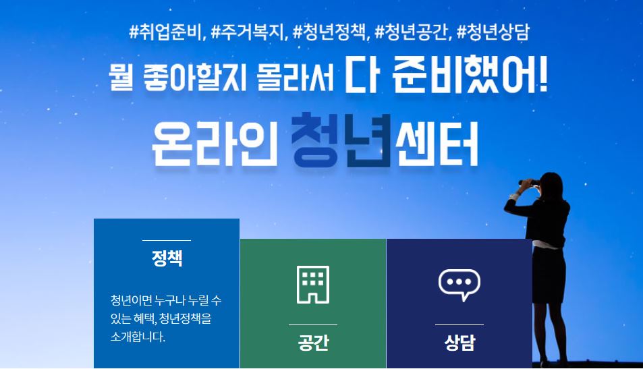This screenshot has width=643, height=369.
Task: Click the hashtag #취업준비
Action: pyautogui.click(x=167, y=32)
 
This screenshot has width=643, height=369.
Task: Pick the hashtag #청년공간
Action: pyautogui.click(x=412, y=32)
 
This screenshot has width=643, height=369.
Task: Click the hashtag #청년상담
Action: pyautogui.click(x=493, y=32)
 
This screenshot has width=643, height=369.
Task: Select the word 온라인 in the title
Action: pyautogui.click(x=215, y=144)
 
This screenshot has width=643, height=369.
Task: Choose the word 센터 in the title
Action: pyautogui.click(x=437, y=144)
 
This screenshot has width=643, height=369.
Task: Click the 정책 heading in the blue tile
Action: pyautogui.click(x=167, y=258)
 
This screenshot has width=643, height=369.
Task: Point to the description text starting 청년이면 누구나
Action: pyautogui.click(x=166, y=318)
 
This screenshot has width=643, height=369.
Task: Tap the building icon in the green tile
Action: pyautogui.click(x=313, y=285)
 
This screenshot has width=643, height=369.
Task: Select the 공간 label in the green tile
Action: pyautogui.click(x=313, y=343)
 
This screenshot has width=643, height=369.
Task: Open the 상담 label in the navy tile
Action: pyautogui.click(x=459, y=343)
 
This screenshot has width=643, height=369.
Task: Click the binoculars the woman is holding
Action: pyautogui.click(x=529, y=183)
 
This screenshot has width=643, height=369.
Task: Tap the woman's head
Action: pyautogui.click(x=551, y=186)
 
